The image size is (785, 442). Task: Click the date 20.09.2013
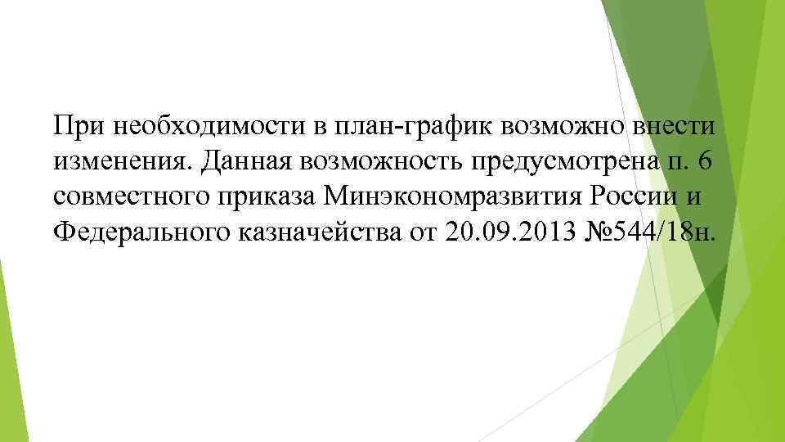click(507, 233)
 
